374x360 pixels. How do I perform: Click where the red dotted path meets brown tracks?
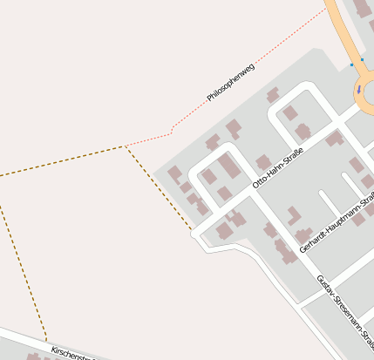126,146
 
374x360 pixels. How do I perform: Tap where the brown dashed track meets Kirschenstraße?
46,341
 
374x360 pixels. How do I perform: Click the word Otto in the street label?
259,184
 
